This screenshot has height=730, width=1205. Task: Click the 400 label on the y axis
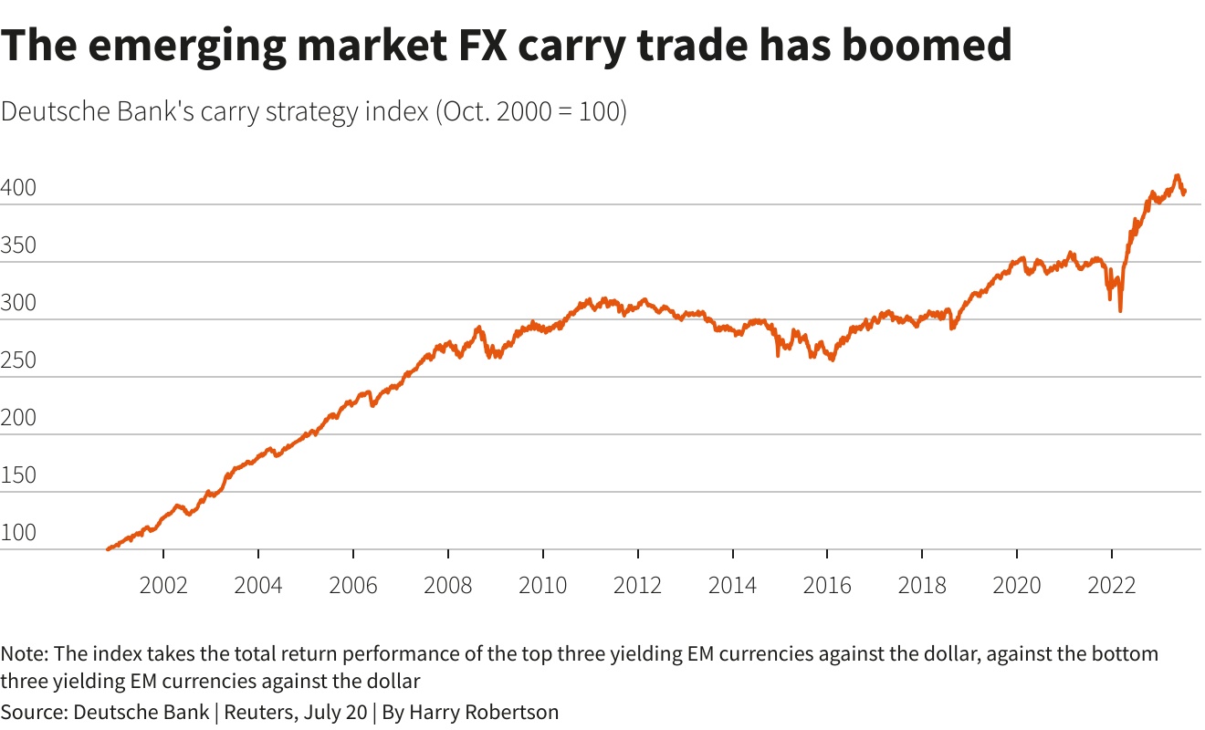(17, 189)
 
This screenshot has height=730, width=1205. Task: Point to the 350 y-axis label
(17, 246)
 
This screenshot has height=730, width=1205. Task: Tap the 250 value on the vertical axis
(17, 361)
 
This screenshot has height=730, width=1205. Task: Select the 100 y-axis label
(17, 534)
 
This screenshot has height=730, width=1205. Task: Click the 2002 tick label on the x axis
(163, 585)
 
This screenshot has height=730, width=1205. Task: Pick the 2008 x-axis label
(448, 585)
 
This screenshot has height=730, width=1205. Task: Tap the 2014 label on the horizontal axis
(732, 585)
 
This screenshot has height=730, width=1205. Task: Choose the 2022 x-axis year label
(1111, 585)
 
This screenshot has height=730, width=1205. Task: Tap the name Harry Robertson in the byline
(483, 712)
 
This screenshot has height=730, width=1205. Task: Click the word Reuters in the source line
(259, 712)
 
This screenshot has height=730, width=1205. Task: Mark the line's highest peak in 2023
(1177, 176)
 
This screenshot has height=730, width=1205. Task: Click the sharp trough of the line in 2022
(1120, 311)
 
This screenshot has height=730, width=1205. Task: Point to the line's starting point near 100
(108, 549)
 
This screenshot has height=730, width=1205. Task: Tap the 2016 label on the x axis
(827, 585)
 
